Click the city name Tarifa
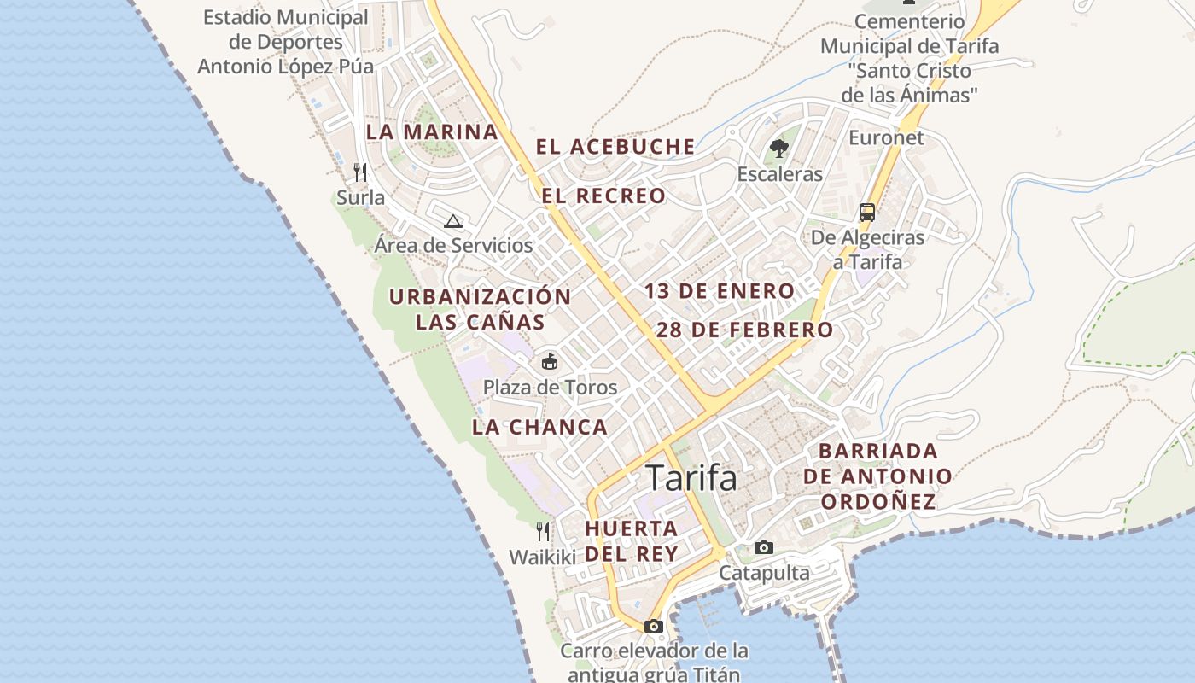click(x=691, y=478)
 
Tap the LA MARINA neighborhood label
click(x=432, y=132)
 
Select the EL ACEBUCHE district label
click(x=615, y=147)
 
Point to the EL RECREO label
click(x=603, y=196)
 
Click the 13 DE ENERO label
click(x=720, y=291)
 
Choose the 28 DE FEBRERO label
click(x=745, y=330)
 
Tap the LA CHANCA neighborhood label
click(x=539, y=427)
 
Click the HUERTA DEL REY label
click(x=632, y=541)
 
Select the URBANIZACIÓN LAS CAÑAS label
click(x=480, y=309)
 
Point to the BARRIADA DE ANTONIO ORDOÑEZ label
click(x=878, y=476)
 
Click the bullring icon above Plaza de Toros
click(x=550, y=362)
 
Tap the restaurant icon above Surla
click(x=360, y=172)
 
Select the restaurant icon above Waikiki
click(x=543, y=532)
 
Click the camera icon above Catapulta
click(x=764, y=547)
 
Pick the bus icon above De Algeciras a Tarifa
click(x=867, y=213)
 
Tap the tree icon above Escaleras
click(x=778, y=149)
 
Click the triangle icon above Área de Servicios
click(x=453, y=221)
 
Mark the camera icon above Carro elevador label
click(x=654, y=626)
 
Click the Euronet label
click(x=886, y=137)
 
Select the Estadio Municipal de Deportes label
click(x=286, y=42)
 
